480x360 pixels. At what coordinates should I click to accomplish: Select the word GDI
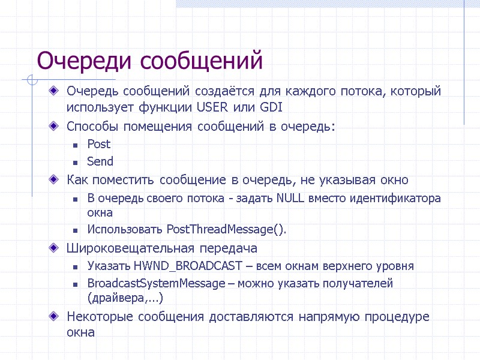tap(271, 107)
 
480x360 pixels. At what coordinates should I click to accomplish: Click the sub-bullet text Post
tap(99, 144)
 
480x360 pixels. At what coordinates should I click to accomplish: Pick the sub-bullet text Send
tap(100, 161)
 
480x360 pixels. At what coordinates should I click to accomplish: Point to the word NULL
tap(291, 199)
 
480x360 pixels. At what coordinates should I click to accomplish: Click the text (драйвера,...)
tap(125, 297)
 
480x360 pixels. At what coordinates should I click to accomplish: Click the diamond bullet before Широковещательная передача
tap(55, 248)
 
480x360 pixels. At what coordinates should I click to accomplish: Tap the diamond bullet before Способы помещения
tap(55, 127)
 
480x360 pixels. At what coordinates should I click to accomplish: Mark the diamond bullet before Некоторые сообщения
tap(55, 317)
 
